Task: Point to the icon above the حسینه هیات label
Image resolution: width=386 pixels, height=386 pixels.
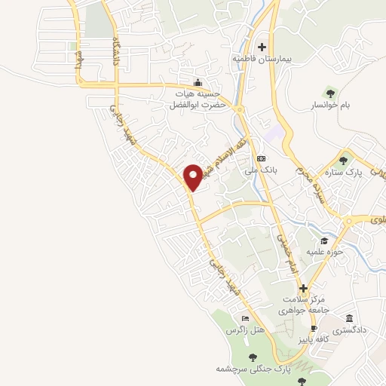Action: coord(198,82)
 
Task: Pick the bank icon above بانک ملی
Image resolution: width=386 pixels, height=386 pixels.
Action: coord(261,158)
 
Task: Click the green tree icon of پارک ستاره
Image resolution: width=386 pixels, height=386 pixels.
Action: coord(345,160)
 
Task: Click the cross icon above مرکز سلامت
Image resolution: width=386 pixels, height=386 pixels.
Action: coord(302,288)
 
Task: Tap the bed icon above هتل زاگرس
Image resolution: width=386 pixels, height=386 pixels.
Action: coord(245,319)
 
